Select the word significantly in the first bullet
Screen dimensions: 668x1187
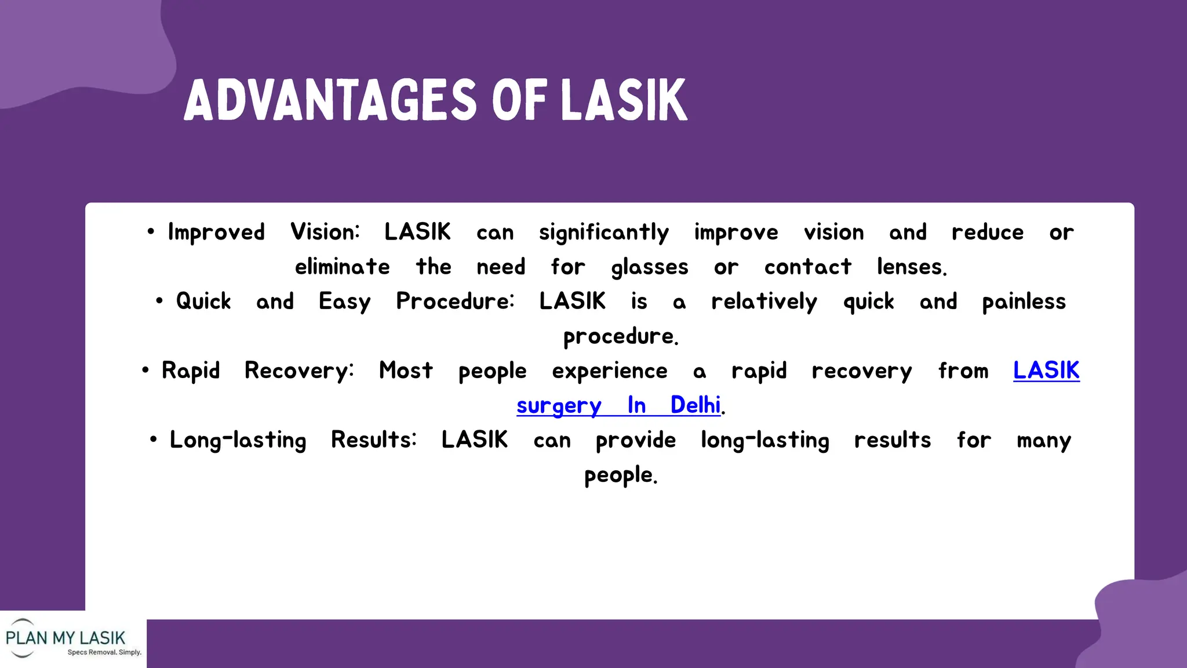(603, 233)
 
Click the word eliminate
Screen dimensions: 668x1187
(342, 267)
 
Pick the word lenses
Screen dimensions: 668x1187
(911, 267)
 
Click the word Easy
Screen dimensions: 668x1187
(344, 302)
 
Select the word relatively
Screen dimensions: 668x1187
(764, 302)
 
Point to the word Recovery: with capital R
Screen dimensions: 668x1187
(298, 371)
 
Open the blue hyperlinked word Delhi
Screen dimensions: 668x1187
(695, 405)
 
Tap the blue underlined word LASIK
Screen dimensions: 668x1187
(1046, 371)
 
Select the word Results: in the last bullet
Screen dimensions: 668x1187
(373, 440)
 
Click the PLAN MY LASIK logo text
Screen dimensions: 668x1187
(65, 638)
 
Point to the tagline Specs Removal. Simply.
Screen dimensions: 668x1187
(104, 652)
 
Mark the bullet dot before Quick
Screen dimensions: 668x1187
(159, 301)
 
